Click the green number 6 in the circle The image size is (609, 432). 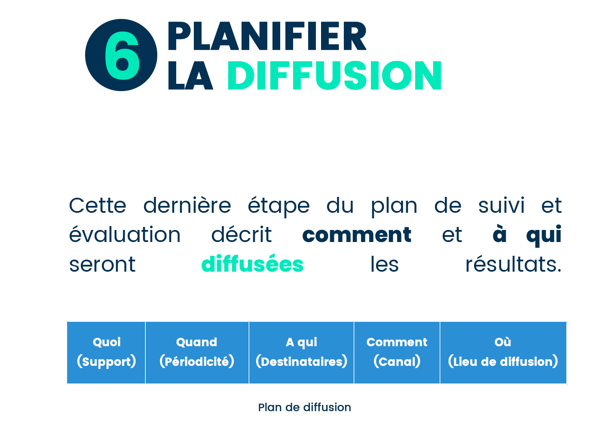(x=122, y=55)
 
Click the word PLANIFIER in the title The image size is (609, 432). (x=267, y=36)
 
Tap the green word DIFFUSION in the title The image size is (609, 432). (x=334, y=75)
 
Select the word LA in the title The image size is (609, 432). (x=190, y=75)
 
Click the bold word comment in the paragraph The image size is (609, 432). (x=357, y=234)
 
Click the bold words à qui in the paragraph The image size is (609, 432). (x=527, y=235)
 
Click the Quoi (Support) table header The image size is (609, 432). (x=106, y=352)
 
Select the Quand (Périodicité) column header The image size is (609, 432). (x=197, y=352)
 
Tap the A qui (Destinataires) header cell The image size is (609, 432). (x=301, y=352)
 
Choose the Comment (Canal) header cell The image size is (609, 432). (x=397, y=352)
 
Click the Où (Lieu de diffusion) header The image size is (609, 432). (x=503, y=352)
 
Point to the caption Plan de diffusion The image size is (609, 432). (x=304, y=407)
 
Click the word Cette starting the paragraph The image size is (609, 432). (x=98, y=205)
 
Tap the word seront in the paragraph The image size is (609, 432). (x=102, y=264)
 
